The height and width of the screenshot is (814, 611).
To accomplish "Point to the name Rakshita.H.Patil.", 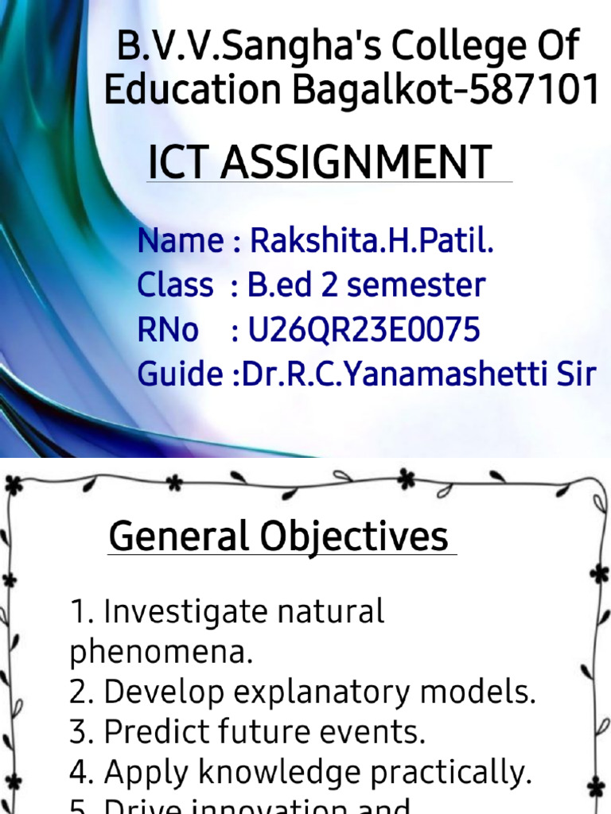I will pyautogui.click(x=372, y=240).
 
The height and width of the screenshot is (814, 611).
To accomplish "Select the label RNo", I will pyautogui.click(x=168, y=329).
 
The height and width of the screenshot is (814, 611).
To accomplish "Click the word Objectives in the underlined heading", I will pyautogui.click(x=356, y=537).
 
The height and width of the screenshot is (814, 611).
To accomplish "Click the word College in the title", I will pyautogui.click(x=421, y=49).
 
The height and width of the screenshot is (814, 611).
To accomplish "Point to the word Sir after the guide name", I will pyautogui.click(x=575, y=374).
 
